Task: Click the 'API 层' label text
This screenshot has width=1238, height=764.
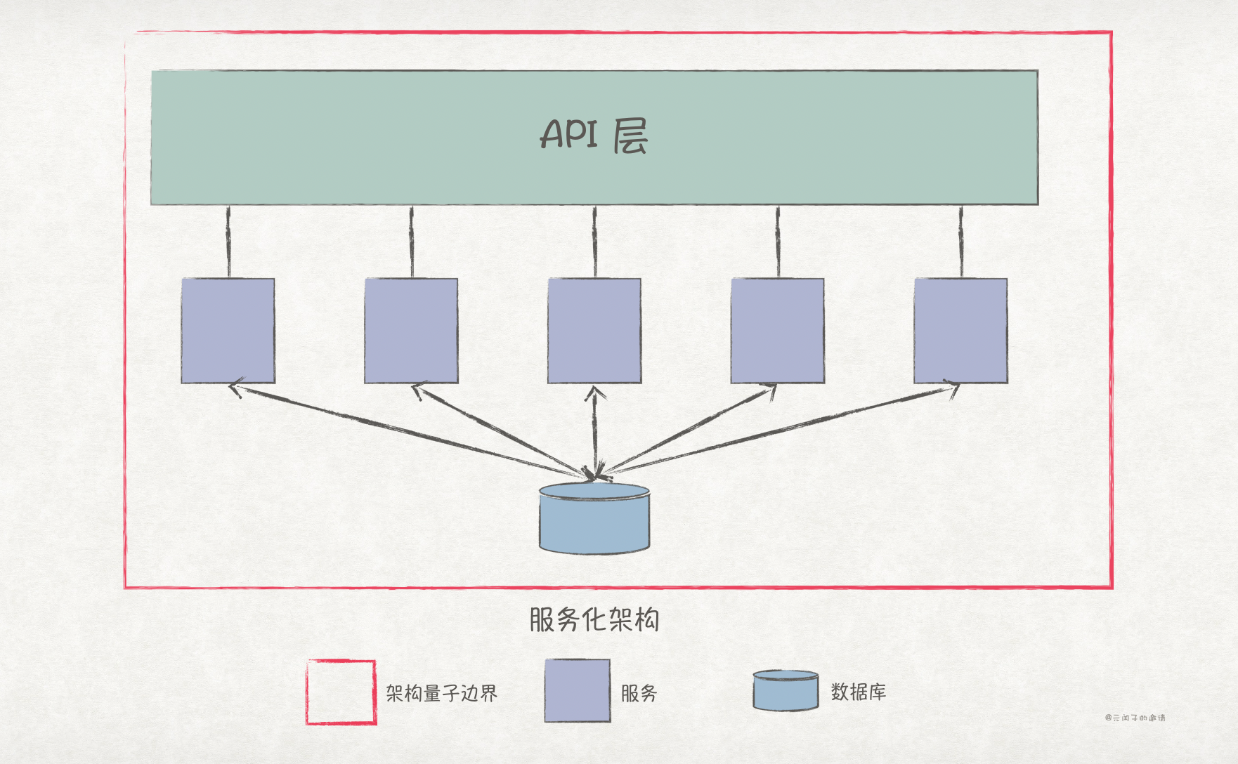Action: point(594,135)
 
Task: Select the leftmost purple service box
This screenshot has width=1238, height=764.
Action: point(228,331)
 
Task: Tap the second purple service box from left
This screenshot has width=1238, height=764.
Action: point(411,331)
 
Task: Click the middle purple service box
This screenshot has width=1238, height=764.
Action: point(594,331)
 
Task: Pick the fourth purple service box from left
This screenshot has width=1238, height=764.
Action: point(778,331)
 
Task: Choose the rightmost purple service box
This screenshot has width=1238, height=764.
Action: point(960,331)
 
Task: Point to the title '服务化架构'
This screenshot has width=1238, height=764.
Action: point(594,620)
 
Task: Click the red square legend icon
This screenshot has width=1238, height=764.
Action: point(341,692)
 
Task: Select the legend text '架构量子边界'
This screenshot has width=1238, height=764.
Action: point(441,693)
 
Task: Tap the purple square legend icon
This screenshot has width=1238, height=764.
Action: point(578,690)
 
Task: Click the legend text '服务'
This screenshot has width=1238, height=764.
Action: point(639,693)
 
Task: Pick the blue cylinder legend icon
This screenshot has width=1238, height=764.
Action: point(786,690)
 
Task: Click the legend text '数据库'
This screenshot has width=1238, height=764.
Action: point(858,692)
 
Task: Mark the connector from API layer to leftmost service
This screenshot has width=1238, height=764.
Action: point(228,242)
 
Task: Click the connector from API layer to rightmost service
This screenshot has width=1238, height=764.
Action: point(961,242)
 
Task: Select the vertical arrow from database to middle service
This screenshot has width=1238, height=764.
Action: point(595,432)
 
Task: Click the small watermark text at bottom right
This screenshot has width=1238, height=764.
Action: point(1135,718)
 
